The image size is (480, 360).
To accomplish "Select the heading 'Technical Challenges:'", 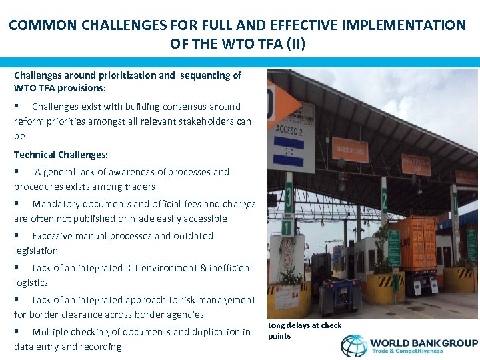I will pos(61,155).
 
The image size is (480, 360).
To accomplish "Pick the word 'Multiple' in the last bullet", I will pos(51,332).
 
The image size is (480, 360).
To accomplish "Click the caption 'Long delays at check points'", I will pos(304,330).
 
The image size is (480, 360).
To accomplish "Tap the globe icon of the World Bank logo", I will pos(353,345).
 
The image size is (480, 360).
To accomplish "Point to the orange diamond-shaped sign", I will pos(282,103).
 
